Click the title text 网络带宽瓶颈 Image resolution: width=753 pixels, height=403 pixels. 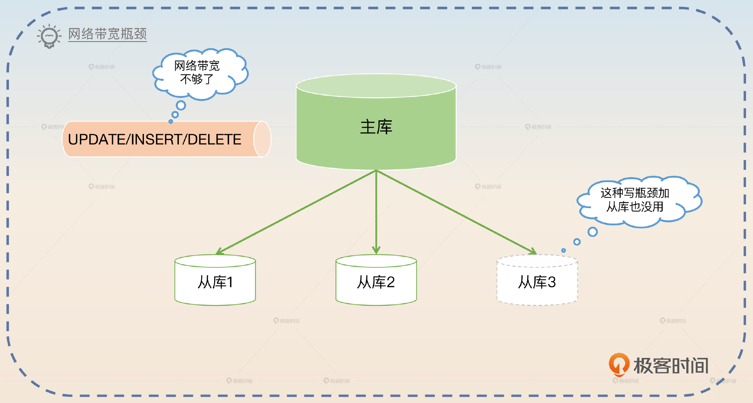107,34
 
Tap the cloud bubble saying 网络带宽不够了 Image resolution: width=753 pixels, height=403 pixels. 200,73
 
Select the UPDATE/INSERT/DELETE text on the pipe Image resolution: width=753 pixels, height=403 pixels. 155,139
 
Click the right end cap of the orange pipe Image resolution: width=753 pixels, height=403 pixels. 262,139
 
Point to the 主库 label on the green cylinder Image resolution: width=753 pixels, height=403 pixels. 376,127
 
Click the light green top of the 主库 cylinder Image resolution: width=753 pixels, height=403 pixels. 376,86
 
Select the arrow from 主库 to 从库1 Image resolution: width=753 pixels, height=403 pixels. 296,212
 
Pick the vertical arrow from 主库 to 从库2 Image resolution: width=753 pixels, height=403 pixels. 376,212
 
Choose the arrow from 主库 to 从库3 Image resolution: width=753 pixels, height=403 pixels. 456,212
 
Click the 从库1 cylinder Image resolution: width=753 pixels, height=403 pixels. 215,280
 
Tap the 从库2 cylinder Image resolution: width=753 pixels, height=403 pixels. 376,280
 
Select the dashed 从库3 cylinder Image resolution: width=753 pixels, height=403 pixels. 537,280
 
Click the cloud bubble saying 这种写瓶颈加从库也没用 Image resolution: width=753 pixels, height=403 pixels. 639,201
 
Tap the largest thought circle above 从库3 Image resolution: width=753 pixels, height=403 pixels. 593,232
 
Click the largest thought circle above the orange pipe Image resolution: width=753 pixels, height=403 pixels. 181,105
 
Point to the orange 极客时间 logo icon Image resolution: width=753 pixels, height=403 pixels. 619,365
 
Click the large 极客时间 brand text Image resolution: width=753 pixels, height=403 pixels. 671,366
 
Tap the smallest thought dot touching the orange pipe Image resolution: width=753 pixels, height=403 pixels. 171,122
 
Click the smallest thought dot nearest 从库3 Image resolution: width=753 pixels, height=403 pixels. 564,250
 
